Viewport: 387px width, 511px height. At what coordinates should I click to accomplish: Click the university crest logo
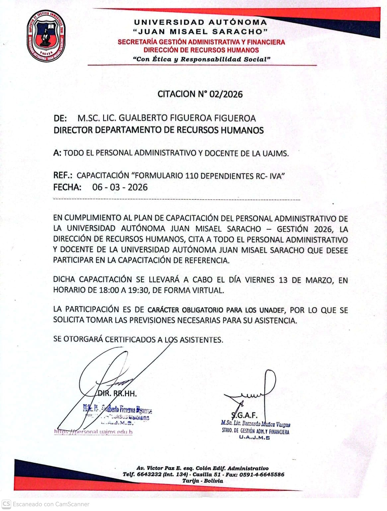point(46,36)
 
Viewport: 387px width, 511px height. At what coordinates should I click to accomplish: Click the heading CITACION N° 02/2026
point(200,94)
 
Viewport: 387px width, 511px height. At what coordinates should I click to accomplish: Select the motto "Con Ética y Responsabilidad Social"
point(201,59)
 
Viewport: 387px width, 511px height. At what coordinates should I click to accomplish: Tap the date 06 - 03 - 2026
point(120,187)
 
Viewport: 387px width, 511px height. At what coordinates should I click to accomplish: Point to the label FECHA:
point(67,187)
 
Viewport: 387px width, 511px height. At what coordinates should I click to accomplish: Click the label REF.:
point(63,175)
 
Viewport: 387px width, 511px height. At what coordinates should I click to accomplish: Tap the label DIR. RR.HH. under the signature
point(117,394)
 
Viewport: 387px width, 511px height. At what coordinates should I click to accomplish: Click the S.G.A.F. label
point(244,415)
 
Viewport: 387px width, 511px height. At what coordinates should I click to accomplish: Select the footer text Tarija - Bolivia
point(202,481)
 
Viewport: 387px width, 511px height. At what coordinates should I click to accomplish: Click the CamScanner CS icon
point(6,504)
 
